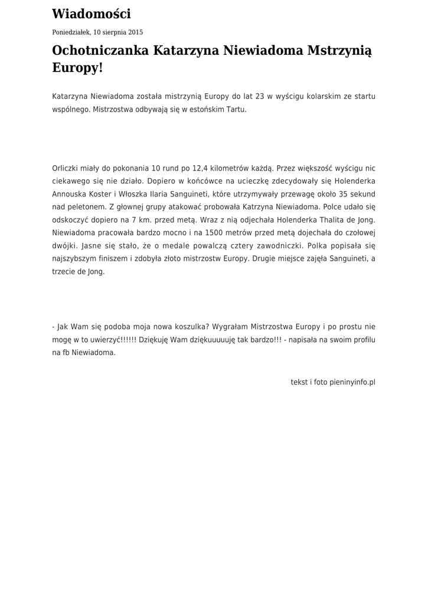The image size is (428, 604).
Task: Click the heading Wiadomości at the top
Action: point(92,14)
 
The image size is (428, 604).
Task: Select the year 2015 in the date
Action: point(135,32)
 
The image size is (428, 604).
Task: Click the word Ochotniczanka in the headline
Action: point(101,51)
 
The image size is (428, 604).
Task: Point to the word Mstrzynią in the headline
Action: point(340,51)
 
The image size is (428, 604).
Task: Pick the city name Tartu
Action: point(235,110)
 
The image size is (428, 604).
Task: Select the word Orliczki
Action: point(66,168)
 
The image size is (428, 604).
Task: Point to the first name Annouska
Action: point(69,194)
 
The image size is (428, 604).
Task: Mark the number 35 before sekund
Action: point(343,194)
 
